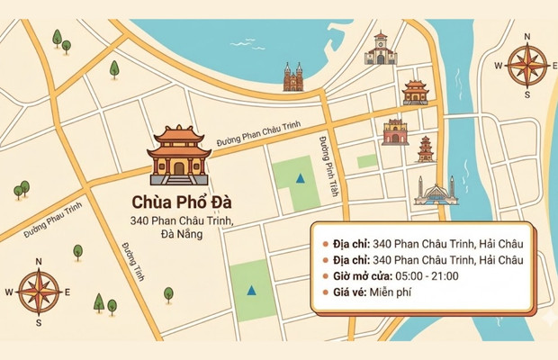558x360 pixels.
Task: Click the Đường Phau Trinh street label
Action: coord(53,220)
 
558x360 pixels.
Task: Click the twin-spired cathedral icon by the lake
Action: coord(293,77)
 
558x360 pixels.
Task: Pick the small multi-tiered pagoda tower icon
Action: coord(426,148)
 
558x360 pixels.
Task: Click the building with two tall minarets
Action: coord(436,191)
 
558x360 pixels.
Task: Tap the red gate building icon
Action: coord(395,131)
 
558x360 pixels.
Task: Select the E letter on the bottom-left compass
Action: coord(68,292)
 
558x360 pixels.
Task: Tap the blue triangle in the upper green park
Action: coord(300,178)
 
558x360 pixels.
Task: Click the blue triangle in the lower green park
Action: coord(250,290)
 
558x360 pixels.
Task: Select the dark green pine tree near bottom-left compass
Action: coord(98,302)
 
